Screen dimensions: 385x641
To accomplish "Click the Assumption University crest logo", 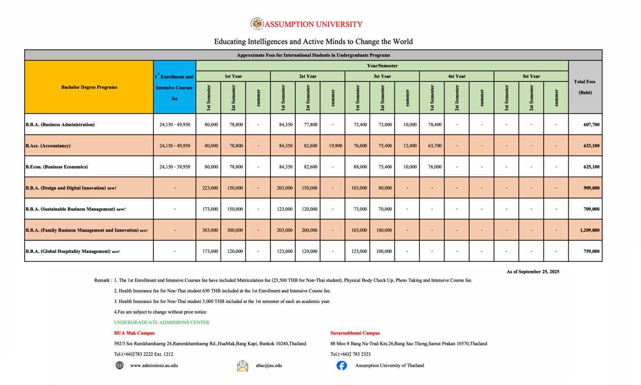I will (257, 24).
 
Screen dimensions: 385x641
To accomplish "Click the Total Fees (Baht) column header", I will (585, 87).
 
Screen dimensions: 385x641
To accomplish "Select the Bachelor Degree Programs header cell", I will (89, 87).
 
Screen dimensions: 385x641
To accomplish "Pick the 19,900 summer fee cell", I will (335, 146).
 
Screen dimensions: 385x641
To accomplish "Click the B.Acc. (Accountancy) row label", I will (48, 146).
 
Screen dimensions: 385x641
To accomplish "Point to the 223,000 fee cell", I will (210, 188).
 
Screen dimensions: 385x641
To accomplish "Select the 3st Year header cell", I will (382, 76).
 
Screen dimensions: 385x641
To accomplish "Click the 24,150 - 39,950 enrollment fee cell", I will (174, 167).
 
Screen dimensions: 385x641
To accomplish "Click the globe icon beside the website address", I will (119, 365).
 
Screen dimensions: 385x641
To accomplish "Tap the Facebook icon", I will (341, 365).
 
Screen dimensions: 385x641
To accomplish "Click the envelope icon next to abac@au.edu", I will (242, 366).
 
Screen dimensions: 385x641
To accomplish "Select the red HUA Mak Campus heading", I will (134, 333).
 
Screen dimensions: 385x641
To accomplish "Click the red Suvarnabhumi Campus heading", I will (355, 333).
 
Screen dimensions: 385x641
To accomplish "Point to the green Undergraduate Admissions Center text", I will (161, 323).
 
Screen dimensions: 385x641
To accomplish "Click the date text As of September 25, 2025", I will (532, 272).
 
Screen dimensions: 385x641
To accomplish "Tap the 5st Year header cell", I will (531, 76).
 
